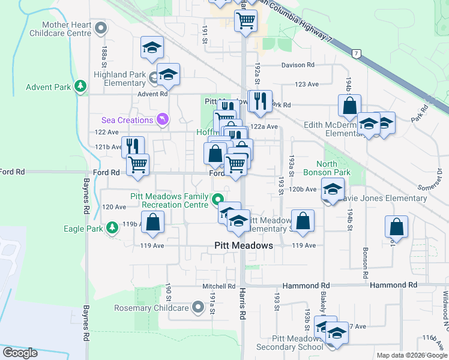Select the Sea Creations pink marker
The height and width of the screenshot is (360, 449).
pyautogui.click(x=161, y=120)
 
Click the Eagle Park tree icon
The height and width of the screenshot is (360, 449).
pyautogui.click(x=112, y=228)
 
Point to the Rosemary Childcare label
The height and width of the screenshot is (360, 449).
pyautogui.click(x=152, y=308)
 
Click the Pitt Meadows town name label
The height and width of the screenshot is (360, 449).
pyautogui.click(x=244, y=245)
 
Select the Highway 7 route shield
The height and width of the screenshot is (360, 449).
pyautogui.click(x=357, y=54)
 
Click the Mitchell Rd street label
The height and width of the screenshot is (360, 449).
pyautogui.click(x=214, y=287)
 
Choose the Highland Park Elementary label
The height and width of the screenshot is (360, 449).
pyautogui.click(x=120, y=79)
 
